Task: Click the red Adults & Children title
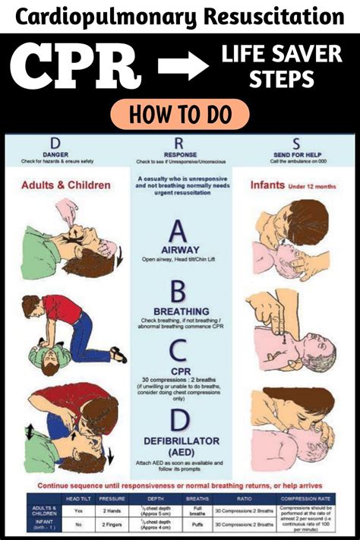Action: [65, 185]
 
